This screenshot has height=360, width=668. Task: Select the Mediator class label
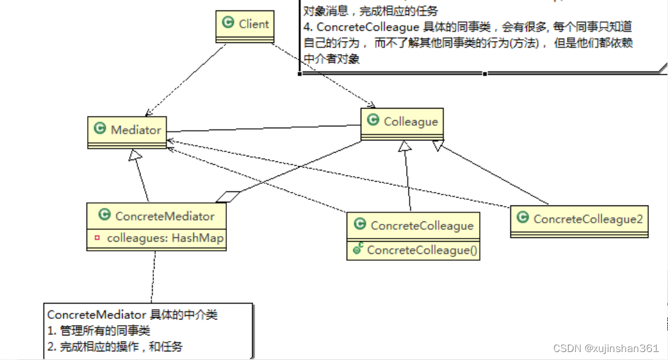[x=136, y=129]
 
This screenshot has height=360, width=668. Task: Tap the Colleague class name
[x=410, y=121]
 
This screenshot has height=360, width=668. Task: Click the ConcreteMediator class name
[x=164, y=216]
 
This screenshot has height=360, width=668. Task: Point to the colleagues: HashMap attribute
[x=165, y=239]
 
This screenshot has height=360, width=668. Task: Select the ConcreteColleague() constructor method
[x=422, y=250]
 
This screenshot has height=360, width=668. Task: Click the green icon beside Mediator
[x=99, y=129]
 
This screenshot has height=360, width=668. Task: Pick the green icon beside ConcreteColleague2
[x=523, y=218]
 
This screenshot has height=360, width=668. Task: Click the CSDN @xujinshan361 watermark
[x=605, y=348]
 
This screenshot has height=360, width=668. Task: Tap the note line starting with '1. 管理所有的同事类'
[x=99, y=331]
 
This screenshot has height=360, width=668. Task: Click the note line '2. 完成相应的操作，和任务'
[x=115, y=346]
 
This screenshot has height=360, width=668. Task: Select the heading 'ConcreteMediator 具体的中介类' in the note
[x=132, y=315]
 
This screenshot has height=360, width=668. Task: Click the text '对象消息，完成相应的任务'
[x=371, y=11]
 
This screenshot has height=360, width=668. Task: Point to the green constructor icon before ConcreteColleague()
[x=357, y=250]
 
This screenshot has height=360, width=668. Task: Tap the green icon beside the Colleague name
[x=373, y=120]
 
